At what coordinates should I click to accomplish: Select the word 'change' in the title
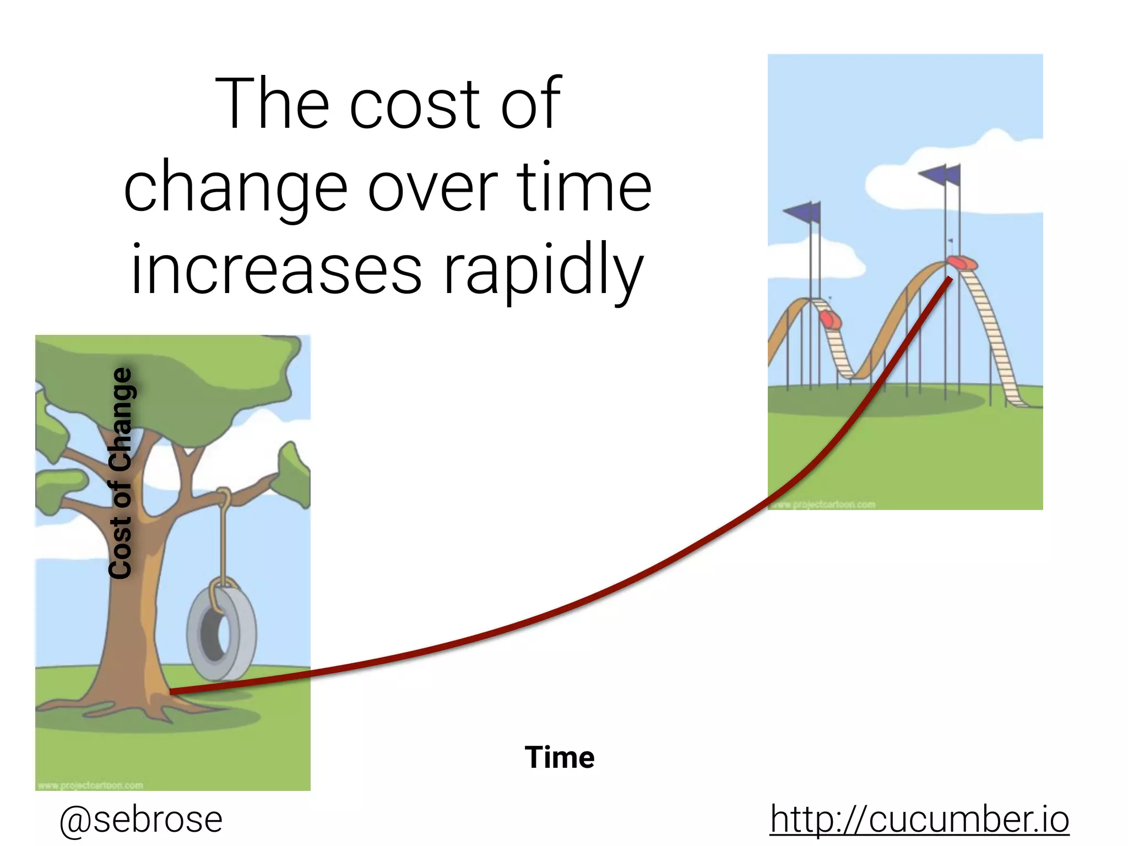point(236,187)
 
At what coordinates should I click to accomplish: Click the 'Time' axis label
point(560,757)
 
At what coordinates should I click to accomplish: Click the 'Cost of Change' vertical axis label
point(121,474)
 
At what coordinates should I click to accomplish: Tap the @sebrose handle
point(141,819)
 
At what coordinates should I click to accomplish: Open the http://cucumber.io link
point(919,819)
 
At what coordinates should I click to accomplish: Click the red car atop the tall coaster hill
point(962,263)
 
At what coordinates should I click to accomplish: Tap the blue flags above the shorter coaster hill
point(803,212)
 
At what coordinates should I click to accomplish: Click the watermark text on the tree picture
point(91,785)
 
